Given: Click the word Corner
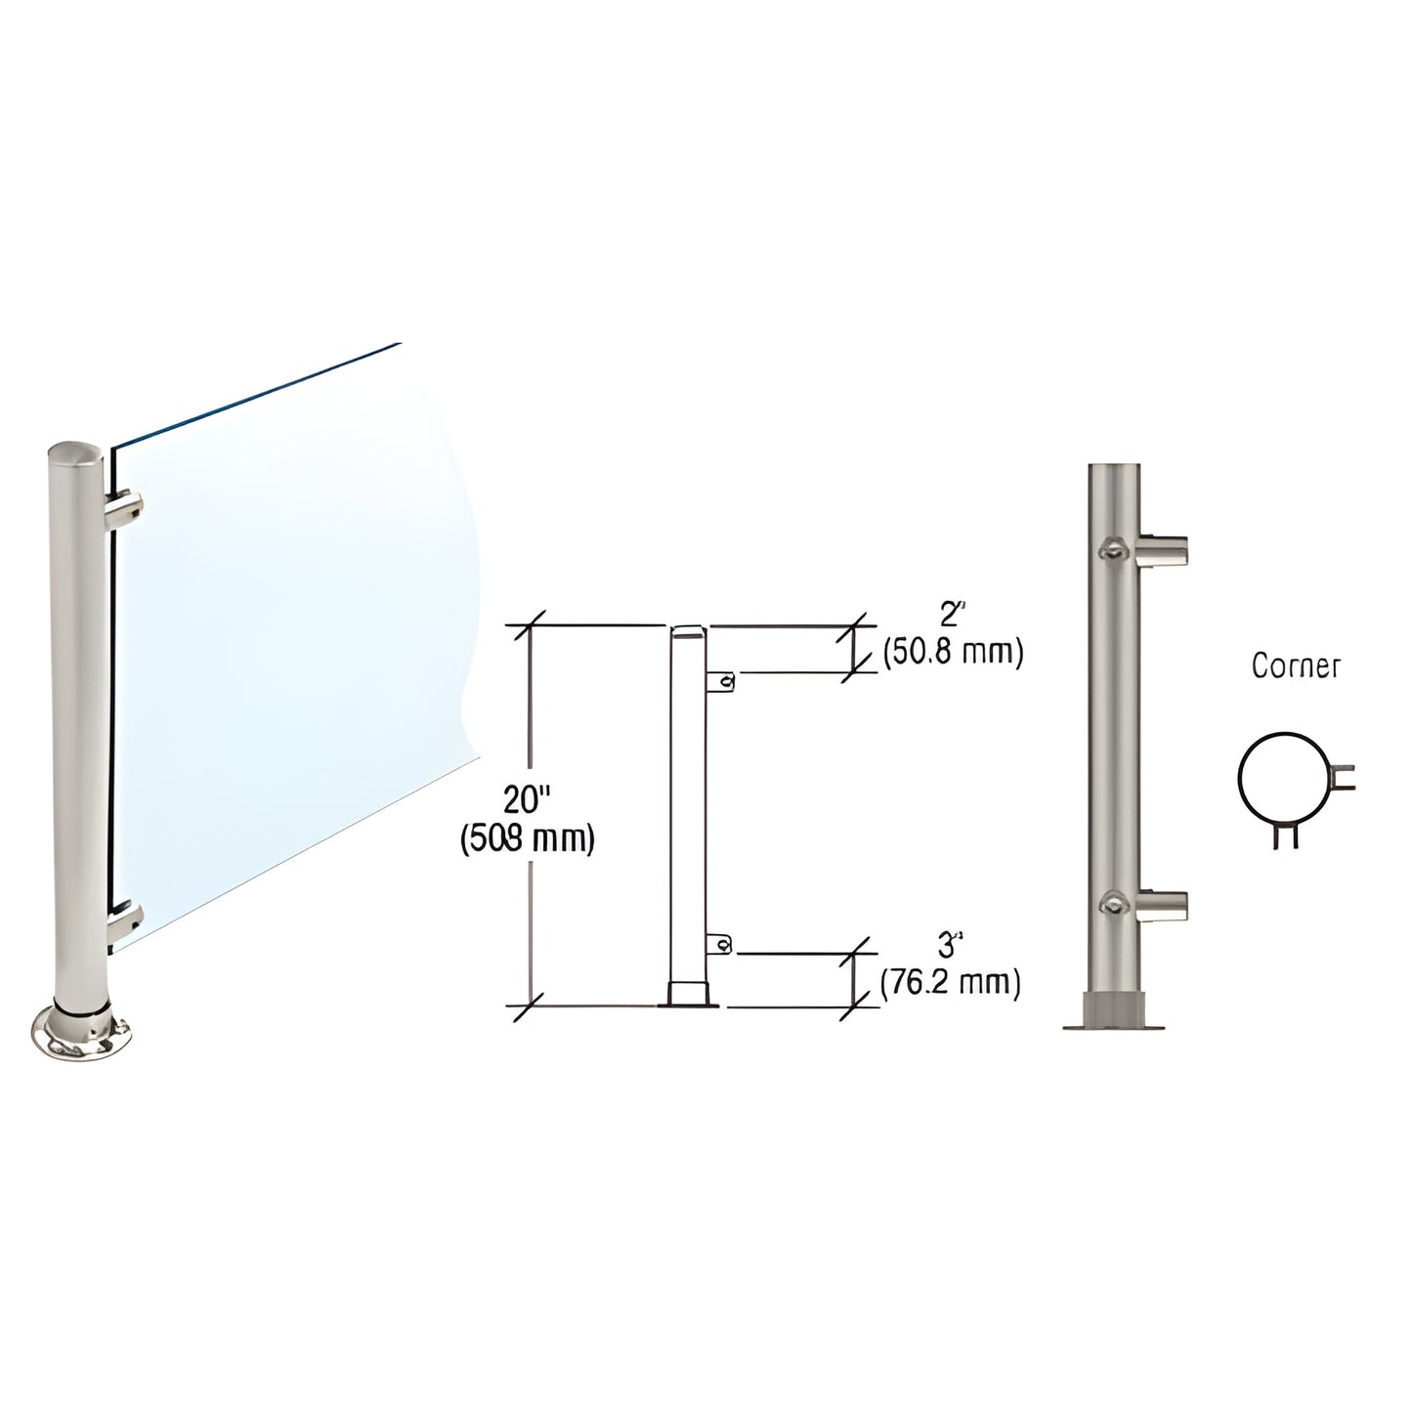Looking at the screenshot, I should pos(1296,666).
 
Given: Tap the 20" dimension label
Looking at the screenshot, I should pos(528,800).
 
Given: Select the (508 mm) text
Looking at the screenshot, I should pos(528,839).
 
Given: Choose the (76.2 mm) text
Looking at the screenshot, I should pos(951,982).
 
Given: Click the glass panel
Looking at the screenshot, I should pos(293,606).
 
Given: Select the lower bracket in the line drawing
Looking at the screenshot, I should pos(721,943).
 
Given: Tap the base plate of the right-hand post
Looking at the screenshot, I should pos(1115,1025).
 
